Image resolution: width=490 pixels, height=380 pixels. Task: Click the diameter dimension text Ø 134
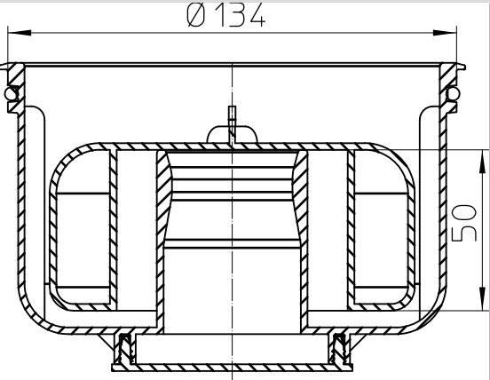226,16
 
